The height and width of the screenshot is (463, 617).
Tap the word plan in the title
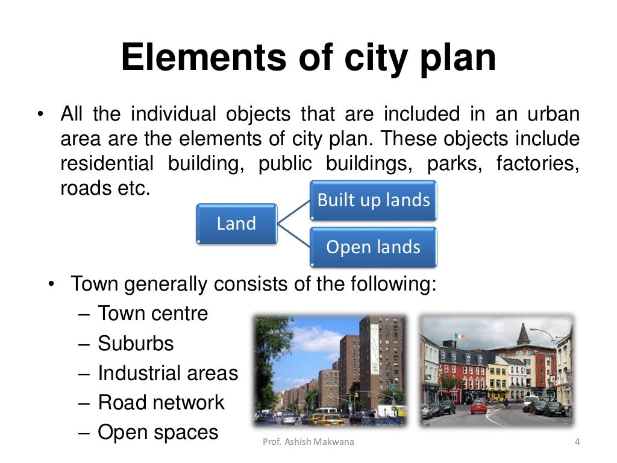(x=456, y=58)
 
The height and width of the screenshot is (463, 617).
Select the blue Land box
(x=236, y=224)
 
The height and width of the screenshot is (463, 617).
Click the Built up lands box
(x=374, y=200)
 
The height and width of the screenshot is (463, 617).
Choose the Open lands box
(x=374, y=247)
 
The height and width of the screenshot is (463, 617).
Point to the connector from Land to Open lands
(x=293, y=236)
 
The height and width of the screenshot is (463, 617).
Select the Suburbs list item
(x=135, y=344)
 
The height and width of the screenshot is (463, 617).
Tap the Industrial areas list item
(x=168, y=373)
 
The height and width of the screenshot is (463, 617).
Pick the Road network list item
(x=160, y=403)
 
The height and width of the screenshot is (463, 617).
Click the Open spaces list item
(x=157, y=432)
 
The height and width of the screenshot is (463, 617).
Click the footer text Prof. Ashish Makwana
(x=309, y=443)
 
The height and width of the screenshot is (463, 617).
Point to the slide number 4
(x=577, y=443)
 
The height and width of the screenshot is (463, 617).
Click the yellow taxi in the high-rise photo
(x=328, y=418)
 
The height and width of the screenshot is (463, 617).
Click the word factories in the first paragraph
(x=537, y=164)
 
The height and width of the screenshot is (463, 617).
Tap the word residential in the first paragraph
(x=107, y=164)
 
